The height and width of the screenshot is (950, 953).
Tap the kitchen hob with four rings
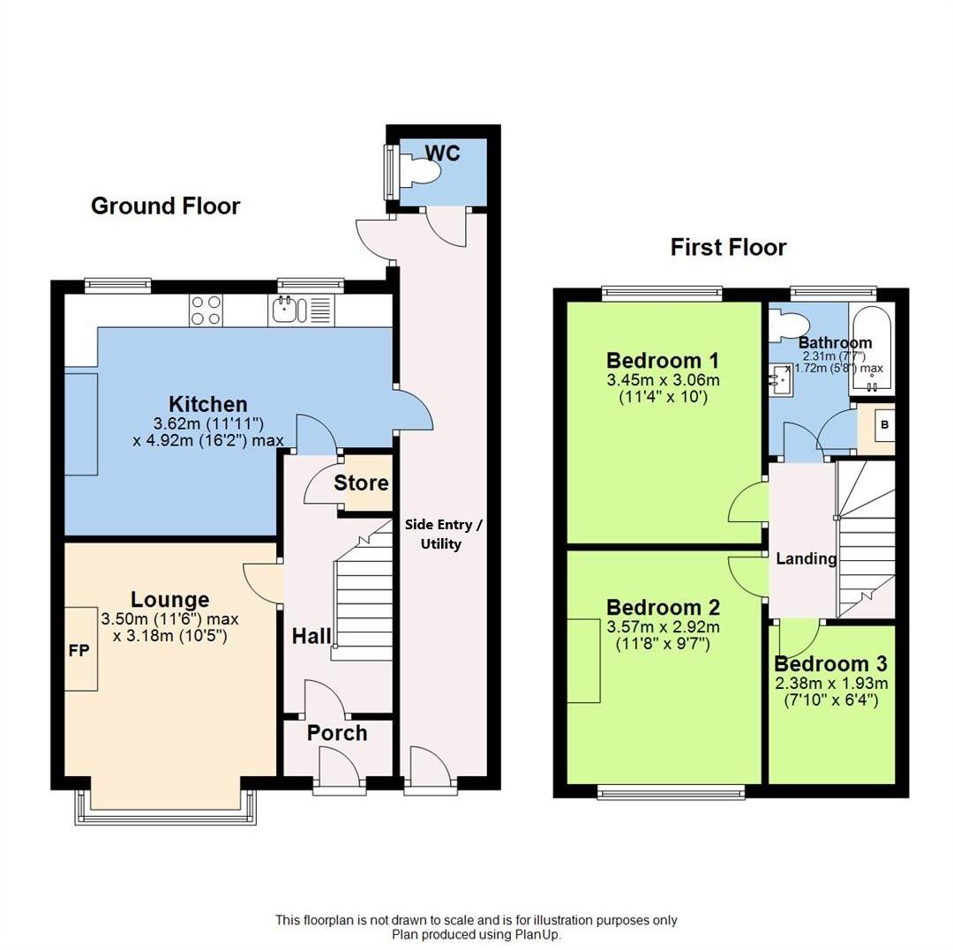206,310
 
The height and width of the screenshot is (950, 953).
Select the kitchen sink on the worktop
289,310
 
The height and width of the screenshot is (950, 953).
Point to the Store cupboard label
361,482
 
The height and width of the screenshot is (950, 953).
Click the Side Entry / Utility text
443,534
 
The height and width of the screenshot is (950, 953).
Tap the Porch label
337,733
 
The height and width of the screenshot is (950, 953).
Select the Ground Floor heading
165,206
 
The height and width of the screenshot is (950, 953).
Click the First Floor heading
728,247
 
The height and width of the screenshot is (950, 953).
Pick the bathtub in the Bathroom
872,351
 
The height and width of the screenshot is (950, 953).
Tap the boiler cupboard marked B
885,425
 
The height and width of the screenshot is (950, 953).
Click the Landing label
806,558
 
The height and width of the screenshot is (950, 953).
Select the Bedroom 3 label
830,664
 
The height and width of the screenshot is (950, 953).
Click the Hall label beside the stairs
311,636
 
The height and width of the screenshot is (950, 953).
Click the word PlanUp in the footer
537,934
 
